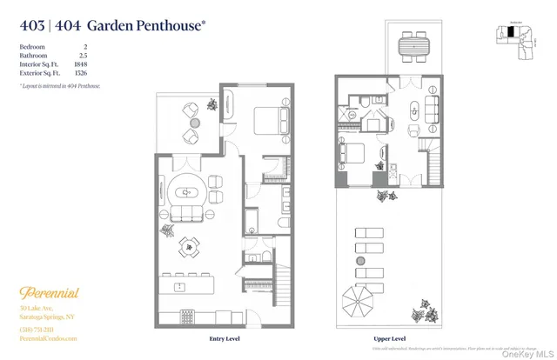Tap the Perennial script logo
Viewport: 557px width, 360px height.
[x=49, y=293]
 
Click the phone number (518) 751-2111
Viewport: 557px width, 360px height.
[x=37, y=328]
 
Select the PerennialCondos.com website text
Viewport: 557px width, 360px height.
[x=49, y=338]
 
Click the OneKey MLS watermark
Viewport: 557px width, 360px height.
[x=526, y=351]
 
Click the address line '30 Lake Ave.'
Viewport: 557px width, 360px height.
[x=38, y=309]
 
